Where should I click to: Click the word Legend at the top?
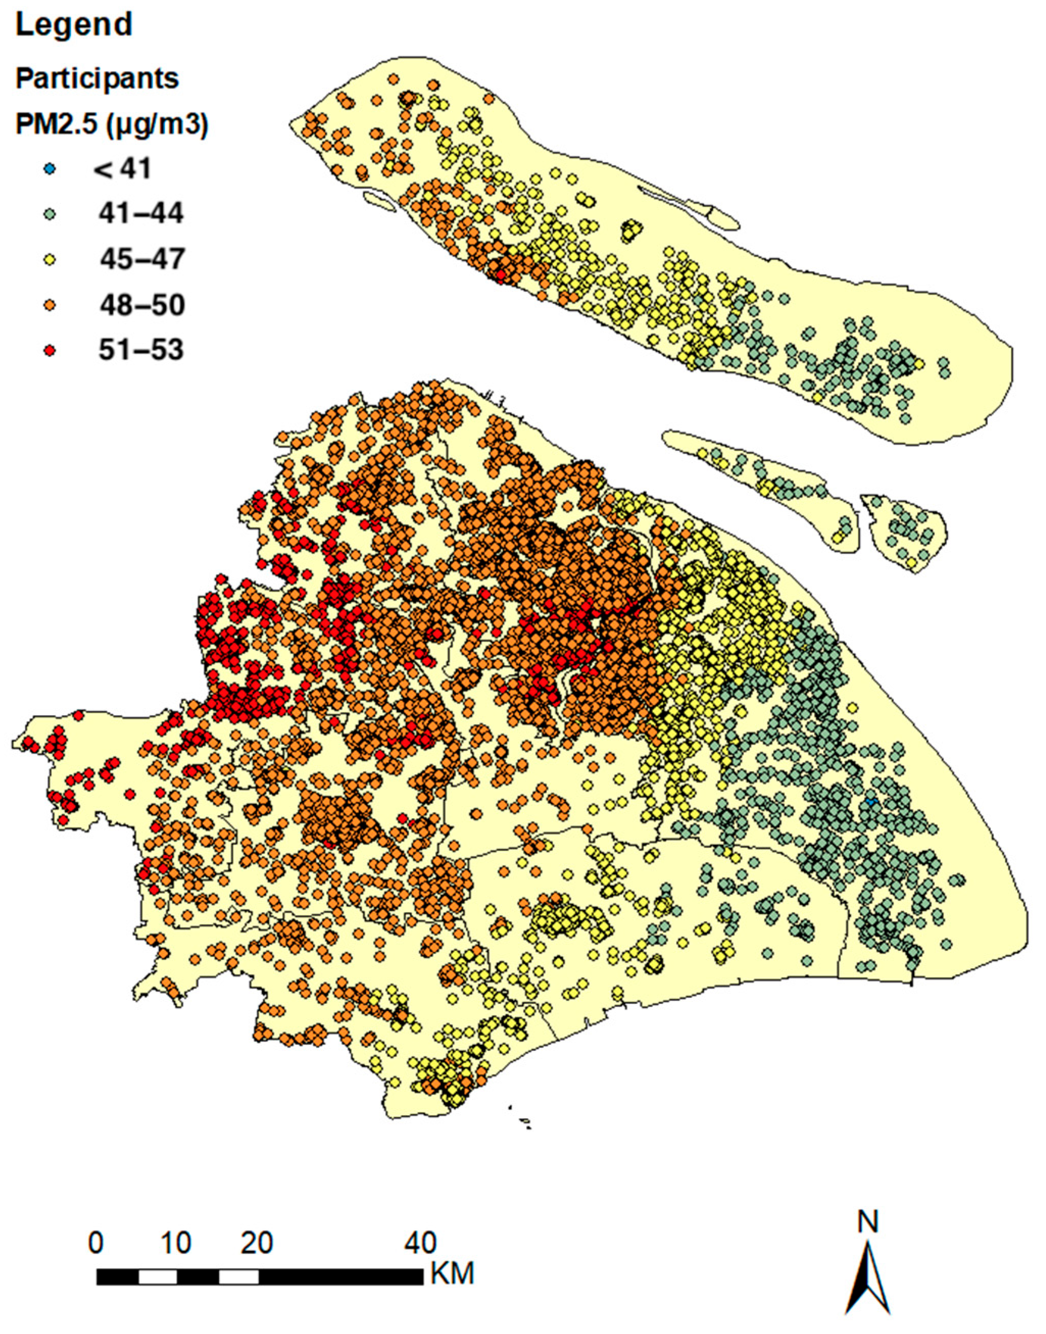73,25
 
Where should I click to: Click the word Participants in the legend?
97,79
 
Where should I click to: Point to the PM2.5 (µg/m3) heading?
111,125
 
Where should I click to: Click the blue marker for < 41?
52,169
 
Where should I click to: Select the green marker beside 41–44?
52,215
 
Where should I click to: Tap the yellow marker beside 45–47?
52,260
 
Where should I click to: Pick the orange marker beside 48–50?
52,306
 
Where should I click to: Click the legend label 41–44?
141,214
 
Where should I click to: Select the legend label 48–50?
142,305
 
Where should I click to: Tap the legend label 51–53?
141,350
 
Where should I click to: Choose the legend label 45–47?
142,260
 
